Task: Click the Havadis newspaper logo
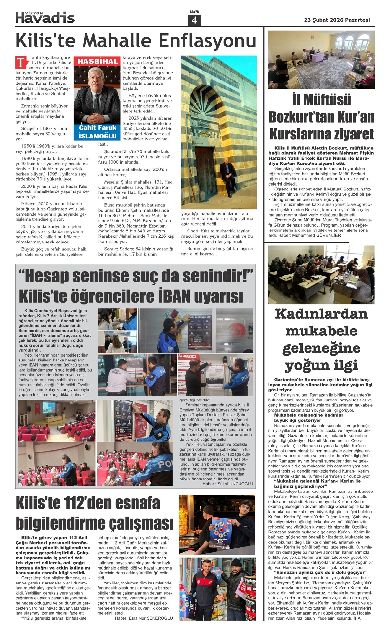(45, 18)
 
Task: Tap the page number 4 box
(194, 20)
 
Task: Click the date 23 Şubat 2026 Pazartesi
(337, 20)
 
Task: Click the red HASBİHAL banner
(97, 61)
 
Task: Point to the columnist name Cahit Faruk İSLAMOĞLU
(97, 132)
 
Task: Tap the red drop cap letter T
(21, 62)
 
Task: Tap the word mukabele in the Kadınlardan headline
(321, 331)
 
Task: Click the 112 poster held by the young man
(220, 532)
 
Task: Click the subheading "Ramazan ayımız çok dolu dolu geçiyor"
(320, 572)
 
